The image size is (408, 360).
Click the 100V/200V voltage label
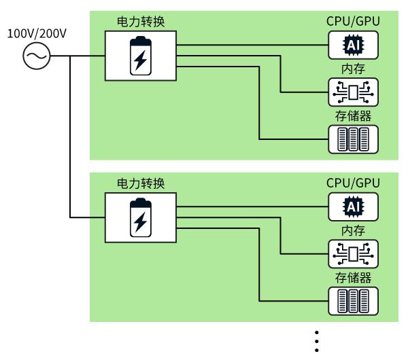click(x=37, y=34)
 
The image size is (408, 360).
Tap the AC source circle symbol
click(x=37, y=56)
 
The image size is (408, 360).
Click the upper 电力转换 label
click(x=141, y=22)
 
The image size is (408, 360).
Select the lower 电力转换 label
click(x=141, y=183)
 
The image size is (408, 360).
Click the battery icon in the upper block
click(x=141, y=56)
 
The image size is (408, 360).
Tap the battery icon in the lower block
click(x=141, y=217)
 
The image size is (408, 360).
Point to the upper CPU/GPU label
click(x=353, y=21)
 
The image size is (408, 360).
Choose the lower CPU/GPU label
click(x=353, y=183)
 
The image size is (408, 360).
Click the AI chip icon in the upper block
click(x=353, y=45)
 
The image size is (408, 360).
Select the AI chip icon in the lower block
click(x=353, y=206)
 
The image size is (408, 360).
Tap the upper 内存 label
click(x=353, y=69)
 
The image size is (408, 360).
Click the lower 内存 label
click(x=353, y=231)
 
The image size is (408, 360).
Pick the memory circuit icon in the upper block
click(x=353, y=92)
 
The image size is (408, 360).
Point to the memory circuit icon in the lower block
click(x=353, y=254)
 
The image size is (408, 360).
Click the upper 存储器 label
click(x=353, y=116)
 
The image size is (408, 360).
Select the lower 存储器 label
click(x=353, y=278)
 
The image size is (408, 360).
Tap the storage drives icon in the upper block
click(x=353, y=139)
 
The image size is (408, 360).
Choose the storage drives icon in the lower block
click(x=353, y=301)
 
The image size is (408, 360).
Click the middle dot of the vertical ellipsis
click(x=317, y=341)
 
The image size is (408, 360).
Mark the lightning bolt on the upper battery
click(x=141, y=60)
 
